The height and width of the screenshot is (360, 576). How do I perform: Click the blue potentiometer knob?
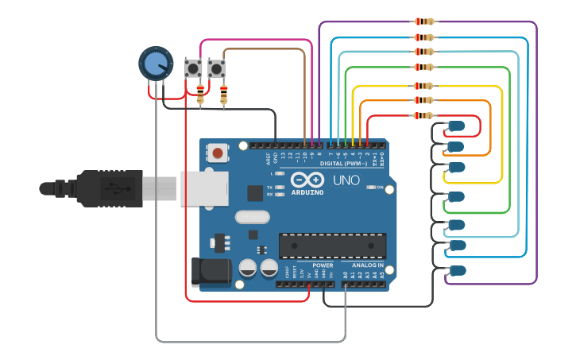click(156, 63)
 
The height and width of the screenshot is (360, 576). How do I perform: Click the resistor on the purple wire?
click(424, 21)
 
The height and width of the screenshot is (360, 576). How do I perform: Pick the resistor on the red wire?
click(424, 115)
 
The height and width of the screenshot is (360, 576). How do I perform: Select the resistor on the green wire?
click(424, 68)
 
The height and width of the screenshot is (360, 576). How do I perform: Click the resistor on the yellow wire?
click(424, 85)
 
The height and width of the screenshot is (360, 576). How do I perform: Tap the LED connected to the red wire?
click(456, 126)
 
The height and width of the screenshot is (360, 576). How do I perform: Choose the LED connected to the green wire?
click(456, 195)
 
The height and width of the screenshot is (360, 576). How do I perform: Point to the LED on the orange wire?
click(456, 146)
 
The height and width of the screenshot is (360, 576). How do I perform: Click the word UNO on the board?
click(346, 180)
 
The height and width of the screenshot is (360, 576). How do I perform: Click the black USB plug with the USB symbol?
click(111, 188)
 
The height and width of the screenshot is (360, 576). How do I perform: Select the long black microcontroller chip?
click(332, 246)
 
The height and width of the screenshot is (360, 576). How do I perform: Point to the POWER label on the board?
click(323, 265)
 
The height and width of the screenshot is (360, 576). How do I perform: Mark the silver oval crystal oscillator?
click(253, 216)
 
